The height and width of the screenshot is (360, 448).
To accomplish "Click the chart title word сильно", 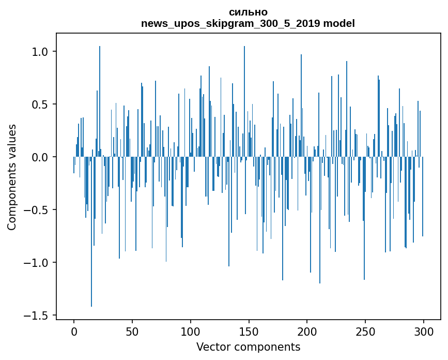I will pyautogui.click(x=248, y=12).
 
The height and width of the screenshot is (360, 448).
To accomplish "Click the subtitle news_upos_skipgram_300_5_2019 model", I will pyautogui.click(x=248, y=24).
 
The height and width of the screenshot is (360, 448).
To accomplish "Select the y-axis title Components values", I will pyautogui.click(x=12, y=177).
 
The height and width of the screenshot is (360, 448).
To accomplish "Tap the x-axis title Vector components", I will pyautogui.click(x=248, y=347).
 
